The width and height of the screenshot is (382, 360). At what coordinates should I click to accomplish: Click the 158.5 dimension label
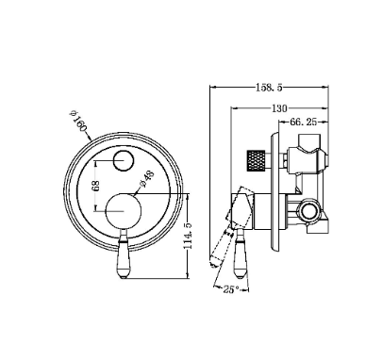(x=269, y=88)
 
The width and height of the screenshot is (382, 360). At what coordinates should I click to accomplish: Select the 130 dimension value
(x=279, y=108)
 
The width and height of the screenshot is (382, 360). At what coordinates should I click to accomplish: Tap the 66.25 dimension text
(x=303, y=122)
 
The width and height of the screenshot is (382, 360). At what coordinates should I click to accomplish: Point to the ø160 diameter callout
(x=77, y=122)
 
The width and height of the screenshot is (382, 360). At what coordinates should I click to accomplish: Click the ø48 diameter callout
(x=146, y=179)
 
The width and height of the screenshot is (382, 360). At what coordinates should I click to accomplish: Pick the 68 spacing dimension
(x=96, y=186)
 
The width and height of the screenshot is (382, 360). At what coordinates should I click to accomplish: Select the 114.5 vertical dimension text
(x=188, y=236)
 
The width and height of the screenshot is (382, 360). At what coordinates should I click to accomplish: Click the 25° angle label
(x=231, y=289)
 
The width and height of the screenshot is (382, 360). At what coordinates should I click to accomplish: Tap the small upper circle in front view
(x=124, y=160)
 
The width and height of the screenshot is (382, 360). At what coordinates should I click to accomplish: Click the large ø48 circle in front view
(x=124, y=211)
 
